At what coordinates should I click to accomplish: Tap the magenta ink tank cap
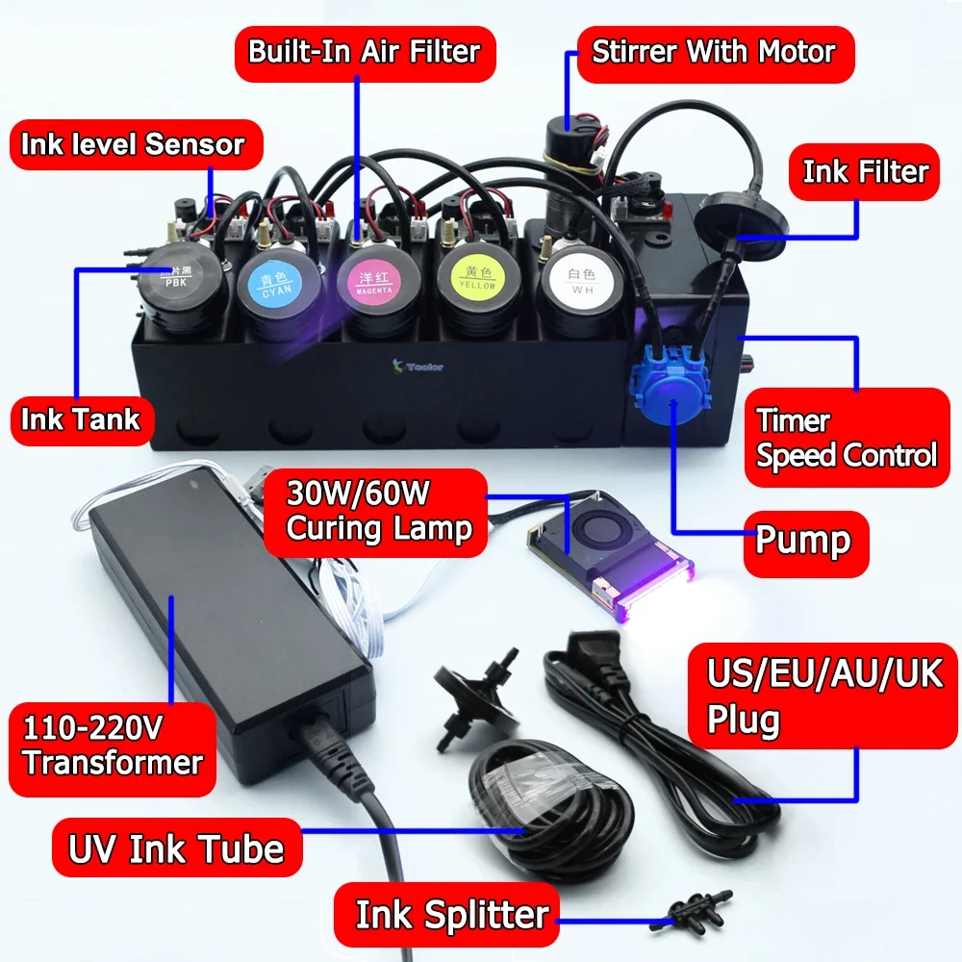(374, 282)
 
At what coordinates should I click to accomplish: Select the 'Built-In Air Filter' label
(365, 51)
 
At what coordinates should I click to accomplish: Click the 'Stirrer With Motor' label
(714, 51)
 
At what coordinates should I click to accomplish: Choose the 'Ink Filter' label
(865, 173)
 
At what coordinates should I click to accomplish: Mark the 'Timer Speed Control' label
(846, 438)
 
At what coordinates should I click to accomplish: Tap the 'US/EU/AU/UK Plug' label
(825, 695)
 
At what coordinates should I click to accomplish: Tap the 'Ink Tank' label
(81, 419)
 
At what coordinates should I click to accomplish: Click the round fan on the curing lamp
(579, 535)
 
